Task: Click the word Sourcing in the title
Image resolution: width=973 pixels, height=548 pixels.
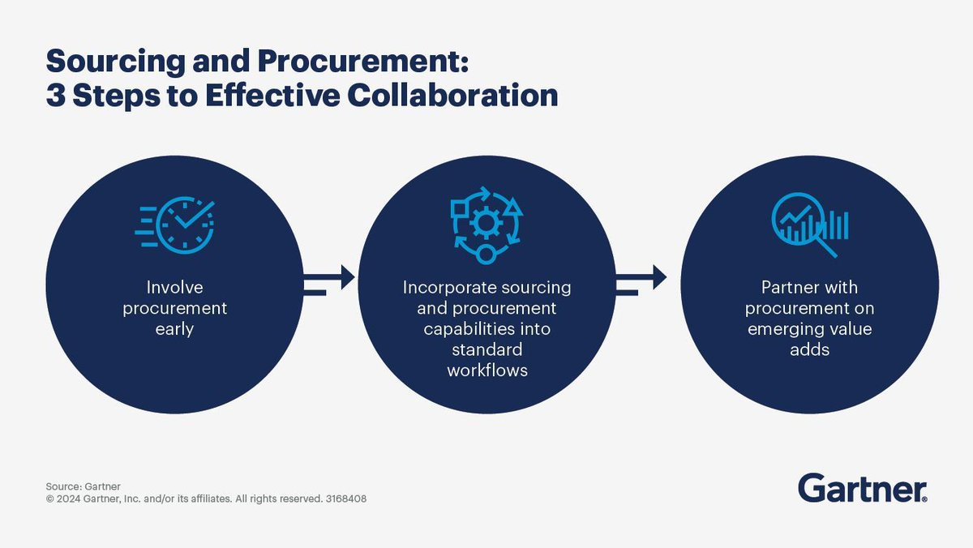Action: pos(115,62)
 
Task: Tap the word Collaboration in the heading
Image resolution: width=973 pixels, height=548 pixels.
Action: pos(452,95)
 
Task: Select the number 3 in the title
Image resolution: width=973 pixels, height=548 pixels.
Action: pos(56,96)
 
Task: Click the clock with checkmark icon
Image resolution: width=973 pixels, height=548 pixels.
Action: pos(174,225)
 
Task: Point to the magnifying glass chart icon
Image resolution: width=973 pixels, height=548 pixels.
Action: pos(810,225)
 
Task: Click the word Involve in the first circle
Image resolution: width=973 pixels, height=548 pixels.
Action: pos(174,287)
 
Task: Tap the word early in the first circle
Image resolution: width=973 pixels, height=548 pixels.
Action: pos(174,329)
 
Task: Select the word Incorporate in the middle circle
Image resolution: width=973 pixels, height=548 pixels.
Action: pos(449,288)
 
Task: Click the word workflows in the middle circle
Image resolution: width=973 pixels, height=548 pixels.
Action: pos(487,370)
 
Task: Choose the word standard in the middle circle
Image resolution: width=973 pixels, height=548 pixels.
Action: pos(487,349)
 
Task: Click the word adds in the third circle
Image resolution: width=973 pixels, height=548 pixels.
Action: pos(810,349)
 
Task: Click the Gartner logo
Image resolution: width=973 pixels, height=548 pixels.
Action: pos(862,488)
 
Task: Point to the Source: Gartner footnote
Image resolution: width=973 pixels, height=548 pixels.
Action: pos(83,486)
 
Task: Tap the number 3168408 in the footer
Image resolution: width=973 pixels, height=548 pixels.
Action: pos(345,499)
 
